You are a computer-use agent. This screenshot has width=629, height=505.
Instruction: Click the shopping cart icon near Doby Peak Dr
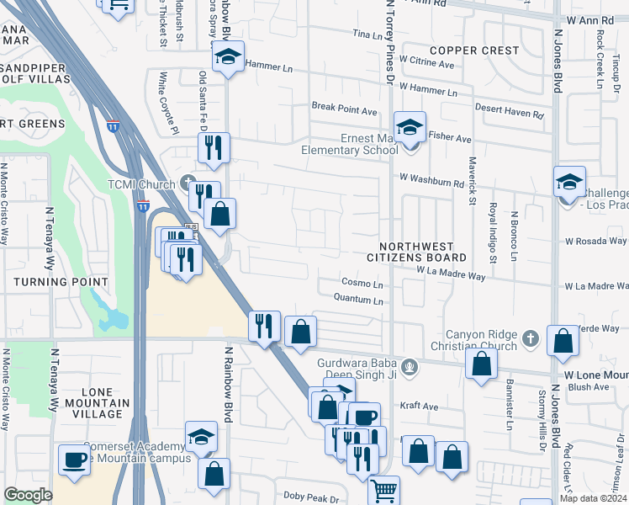coord(383,490)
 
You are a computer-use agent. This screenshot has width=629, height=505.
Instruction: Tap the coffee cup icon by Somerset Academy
coord(74,460)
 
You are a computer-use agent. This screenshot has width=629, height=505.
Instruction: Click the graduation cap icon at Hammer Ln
coord(227,58)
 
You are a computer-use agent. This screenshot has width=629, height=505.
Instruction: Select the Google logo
coord(28,495)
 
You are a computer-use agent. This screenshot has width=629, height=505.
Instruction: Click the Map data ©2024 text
coord(593,498)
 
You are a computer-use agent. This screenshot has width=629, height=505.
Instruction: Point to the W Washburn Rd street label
coord(432,179)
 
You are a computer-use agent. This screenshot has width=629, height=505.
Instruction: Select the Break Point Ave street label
coord(345,110)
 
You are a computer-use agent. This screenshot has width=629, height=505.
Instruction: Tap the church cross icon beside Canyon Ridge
coord(530,339)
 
